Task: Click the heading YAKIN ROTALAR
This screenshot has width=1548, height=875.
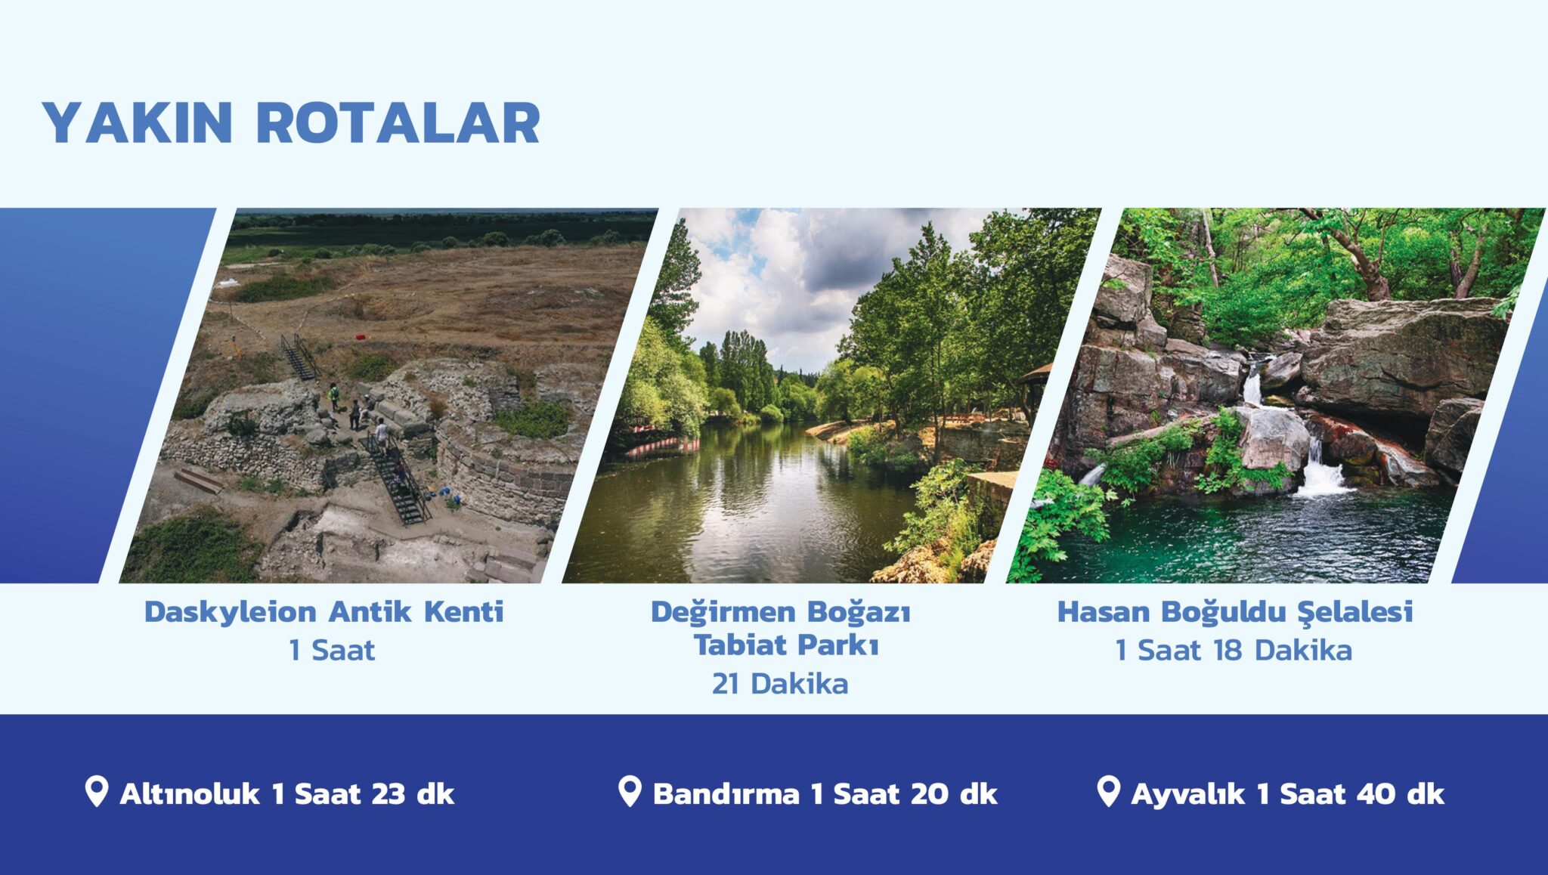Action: [291, 122]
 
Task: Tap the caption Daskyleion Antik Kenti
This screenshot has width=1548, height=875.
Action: [324, 611]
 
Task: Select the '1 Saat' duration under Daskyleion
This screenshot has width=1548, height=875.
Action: [332, 650]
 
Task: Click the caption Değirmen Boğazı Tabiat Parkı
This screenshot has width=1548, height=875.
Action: [781, 628]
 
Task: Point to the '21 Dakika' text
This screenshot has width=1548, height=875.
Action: [780, 684]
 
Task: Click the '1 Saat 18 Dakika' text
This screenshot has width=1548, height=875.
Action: [1234, 650]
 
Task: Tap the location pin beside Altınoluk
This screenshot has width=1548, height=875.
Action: [96, 791]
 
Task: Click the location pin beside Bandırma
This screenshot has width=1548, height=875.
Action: [629, 791]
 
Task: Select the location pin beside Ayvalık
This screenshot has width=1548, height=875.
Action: [1107, 791]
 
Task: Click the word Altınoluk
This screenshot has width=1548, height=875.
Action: [190, 794]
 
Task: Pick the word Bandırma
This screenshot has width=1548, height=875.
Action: [726, 794]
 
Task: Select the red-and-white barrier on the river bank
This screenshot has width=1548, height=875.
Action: [661, 447]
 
